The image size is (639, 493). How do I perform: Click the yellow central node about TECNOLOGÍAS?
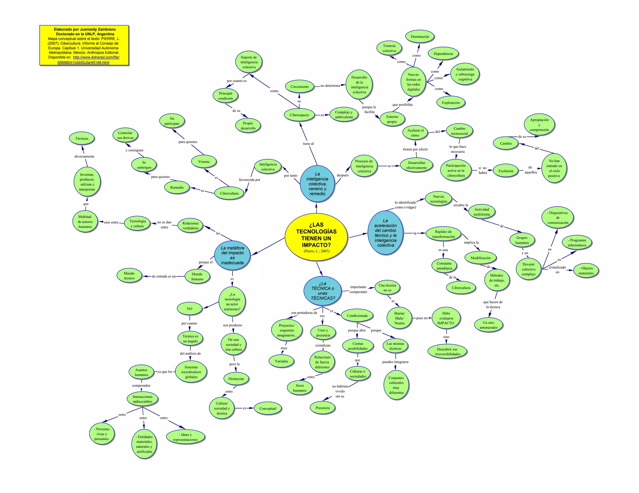click(316, 237)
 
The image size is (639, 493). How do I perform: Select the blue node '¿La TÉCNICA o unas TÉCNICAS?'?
click(323, 290)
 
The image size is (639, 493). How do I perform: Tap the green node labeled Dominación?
click(420, 36)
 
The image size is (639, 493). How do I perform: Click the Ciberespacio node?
click(299, 115)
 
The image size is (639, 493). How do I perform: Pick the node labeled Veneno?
click(204, 161)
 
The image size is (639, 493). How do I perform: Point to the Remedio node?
click(177, 187)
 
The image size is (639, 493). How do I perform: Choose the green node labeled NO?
click(189, 309)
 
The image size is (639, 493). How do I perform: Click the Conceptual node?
click(268, 408)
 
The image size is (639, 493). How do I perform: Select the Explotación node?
click(451, 103)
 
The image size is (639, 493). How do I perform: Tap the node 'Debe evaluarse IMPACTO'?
click(446, 318)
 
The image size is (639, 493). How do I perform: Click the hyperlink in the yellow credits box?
click(96, 57)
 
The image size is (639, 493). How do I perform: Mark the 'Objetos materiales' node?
click(586, 270)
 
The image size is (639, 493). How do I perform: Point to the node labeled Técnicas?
click(82, 138)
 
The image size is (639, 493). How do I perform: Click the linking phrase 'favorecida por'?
click(249, 179)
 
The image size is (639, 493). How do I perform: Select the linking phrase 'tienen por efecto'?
click(415, 149)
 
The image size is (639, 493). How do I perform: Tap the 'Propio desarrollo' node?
click(248, 126)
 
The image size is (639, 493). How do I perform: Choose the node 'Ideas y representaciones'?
click(185, 437)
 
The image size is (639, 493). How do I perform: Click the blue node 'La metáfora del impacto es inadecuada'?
click(232, 255)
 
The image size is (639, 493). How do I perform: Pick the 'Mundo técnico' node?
click(129, 276)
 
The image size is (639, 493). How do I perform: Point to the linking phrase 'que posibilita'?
click(402, 105)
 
